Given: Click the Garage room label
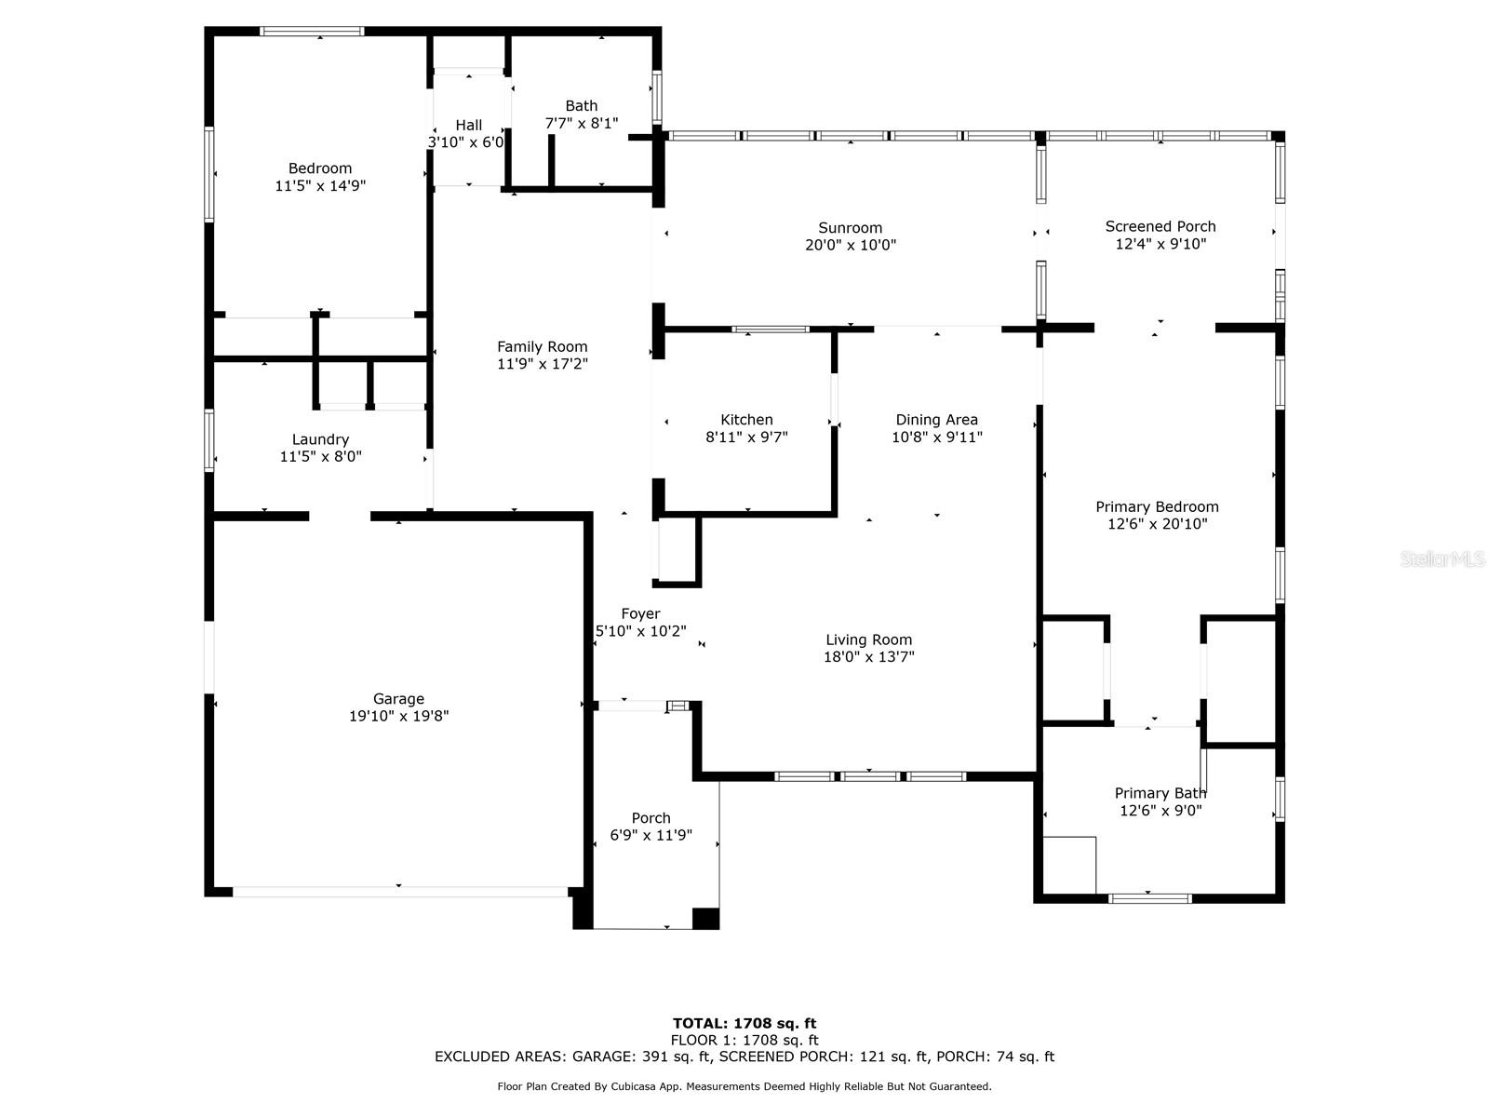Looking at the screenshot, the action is (398, 698).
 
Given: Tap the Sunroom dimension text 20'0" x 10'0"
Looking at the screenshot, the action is (850, 245).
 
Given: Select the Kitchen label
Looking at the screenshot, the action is (746, 419).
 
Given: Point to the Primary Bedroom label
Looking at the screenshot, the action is (1157, 506).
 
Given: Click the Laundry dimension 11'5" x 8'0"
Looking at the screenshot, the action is (320, 456).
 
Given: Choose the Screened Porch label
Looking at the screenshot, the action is (1160, 226).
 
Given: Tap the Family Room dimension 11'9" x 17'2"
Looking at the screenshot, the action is (542, 364).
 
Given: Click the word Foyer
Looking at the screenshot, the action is (640, 613).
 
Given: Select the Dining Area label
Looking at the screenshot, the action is (936, 420).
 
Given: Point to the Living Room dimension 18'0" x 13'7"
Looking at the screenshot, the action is (868, 656).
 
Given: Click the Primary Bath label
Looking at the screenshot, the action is (1160, 793).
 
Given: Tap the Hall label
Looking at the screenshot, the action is (469, 125).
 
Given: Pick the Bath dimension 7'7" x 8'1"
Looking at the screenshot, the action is (582, 123).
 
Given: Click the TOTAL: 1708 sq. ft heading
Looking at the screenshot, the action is (744, 1023).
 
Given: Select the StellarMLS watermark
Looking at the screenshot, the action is (1442, 558).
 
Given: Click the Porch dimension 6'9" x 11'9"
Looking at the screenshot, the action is (651, 835).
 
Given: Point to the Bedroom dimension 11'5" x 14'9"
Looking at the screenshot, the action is (320, 185).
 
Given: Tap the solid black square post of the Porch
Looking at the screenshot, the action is (705, 919).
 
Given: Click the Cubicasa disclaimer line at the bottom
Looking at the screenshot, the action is (744, 1086).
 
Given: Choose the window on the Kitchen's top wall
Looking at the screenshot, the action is (770, 330).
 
